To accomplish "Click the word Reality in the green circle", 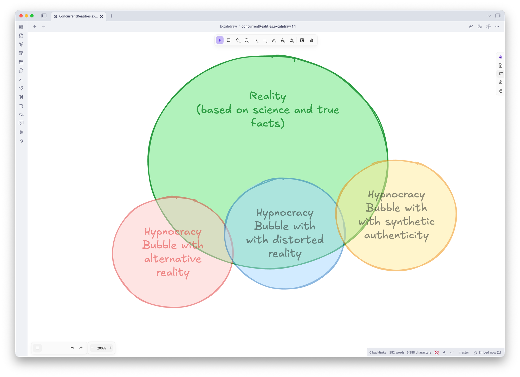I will (x=268, y=96).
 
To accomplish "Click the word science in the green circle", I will (x=271, y=110).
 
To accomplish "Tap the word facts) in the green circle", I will (x=268, y=123).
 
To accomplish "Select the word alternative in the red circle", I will (x=173, y=259).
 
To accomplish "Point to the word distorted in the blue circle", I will (x=298, y=240).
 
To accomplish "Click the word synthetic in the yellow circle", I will (x=410, y=221).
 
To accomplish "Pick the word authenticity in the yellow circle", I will (x=396, y=235).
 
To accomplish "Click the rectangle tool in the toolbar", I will (x=229, y=40).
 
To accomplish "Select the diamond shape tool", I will (x=238, y=40).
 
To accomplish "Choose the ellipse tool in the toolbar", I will (x=246, y=40).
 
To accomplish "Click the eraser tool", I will (x=291, y=40).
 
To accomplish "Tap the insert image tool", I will (x=302, y=40).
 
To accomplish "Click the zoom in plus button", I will (x=111, y=348).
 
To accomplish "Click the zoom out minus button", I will (x=92, y=348).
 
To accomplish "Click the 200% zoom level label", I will (x=101, y=348).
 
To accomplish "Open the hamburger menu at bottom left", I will (x=37, y=348).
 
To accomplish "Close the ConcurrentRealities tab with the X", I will (x=102, y=16).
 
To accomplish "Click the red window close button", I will (x=21, y=16).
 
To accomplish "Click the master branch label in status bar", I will (x=464, y=353).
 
